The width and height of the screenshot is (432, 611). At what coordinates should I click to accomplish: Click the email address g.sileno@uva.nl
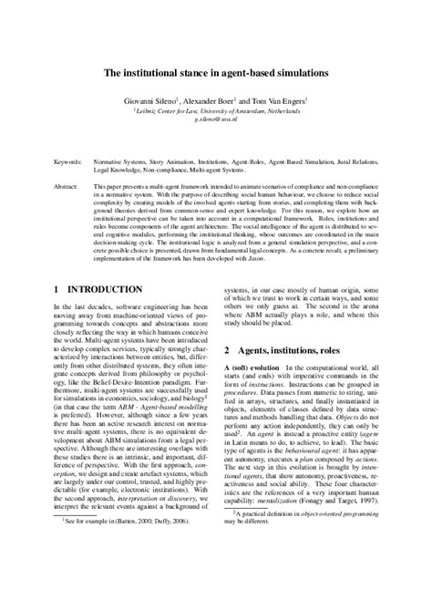[216, 119]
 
